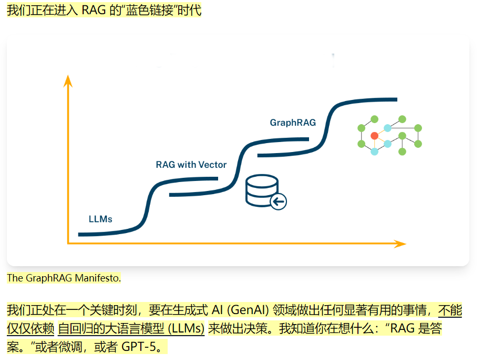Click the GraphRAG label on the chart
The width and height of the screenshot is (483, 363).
coord(293,123)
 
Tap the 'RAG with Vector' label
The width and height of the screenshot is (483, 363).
coord(191,165)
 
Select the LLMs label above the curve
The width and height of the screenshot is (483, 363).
coord(100,219)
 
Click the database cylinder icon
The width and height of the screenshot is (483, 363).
coord(262,190)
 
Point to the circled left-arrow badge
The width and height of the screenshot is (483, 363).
coord(279,201)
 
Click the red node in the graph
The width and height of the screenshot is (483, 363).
coord(375,136)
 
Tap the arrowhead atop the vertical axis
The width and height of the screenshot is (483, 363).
coord(68,81)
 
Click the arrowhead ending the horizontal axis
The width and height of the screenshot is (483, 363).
coord(400,244)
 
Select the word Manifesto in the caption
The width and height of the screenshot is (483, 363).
coord(98,278)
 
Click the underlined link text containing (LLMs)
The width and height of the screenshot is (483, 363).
coord(131,328)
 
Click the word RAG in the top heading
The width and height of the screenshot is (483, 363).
coord(94,10)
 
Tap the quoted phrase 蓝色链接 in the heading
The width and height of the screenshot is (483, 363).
coord(149,10)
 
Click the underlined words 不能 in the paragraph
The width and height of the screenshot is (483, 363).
coord(450,310)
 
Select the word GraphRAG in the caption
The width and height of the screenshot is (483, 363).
coord(49,278)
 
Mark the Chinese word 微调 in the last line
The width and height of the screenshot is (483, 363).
coord(70,347)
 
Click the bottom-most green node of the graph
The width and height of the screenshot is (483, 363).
coord(402,152)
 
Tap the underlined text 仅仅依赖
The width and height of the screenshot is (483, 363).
coord(30,328)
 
